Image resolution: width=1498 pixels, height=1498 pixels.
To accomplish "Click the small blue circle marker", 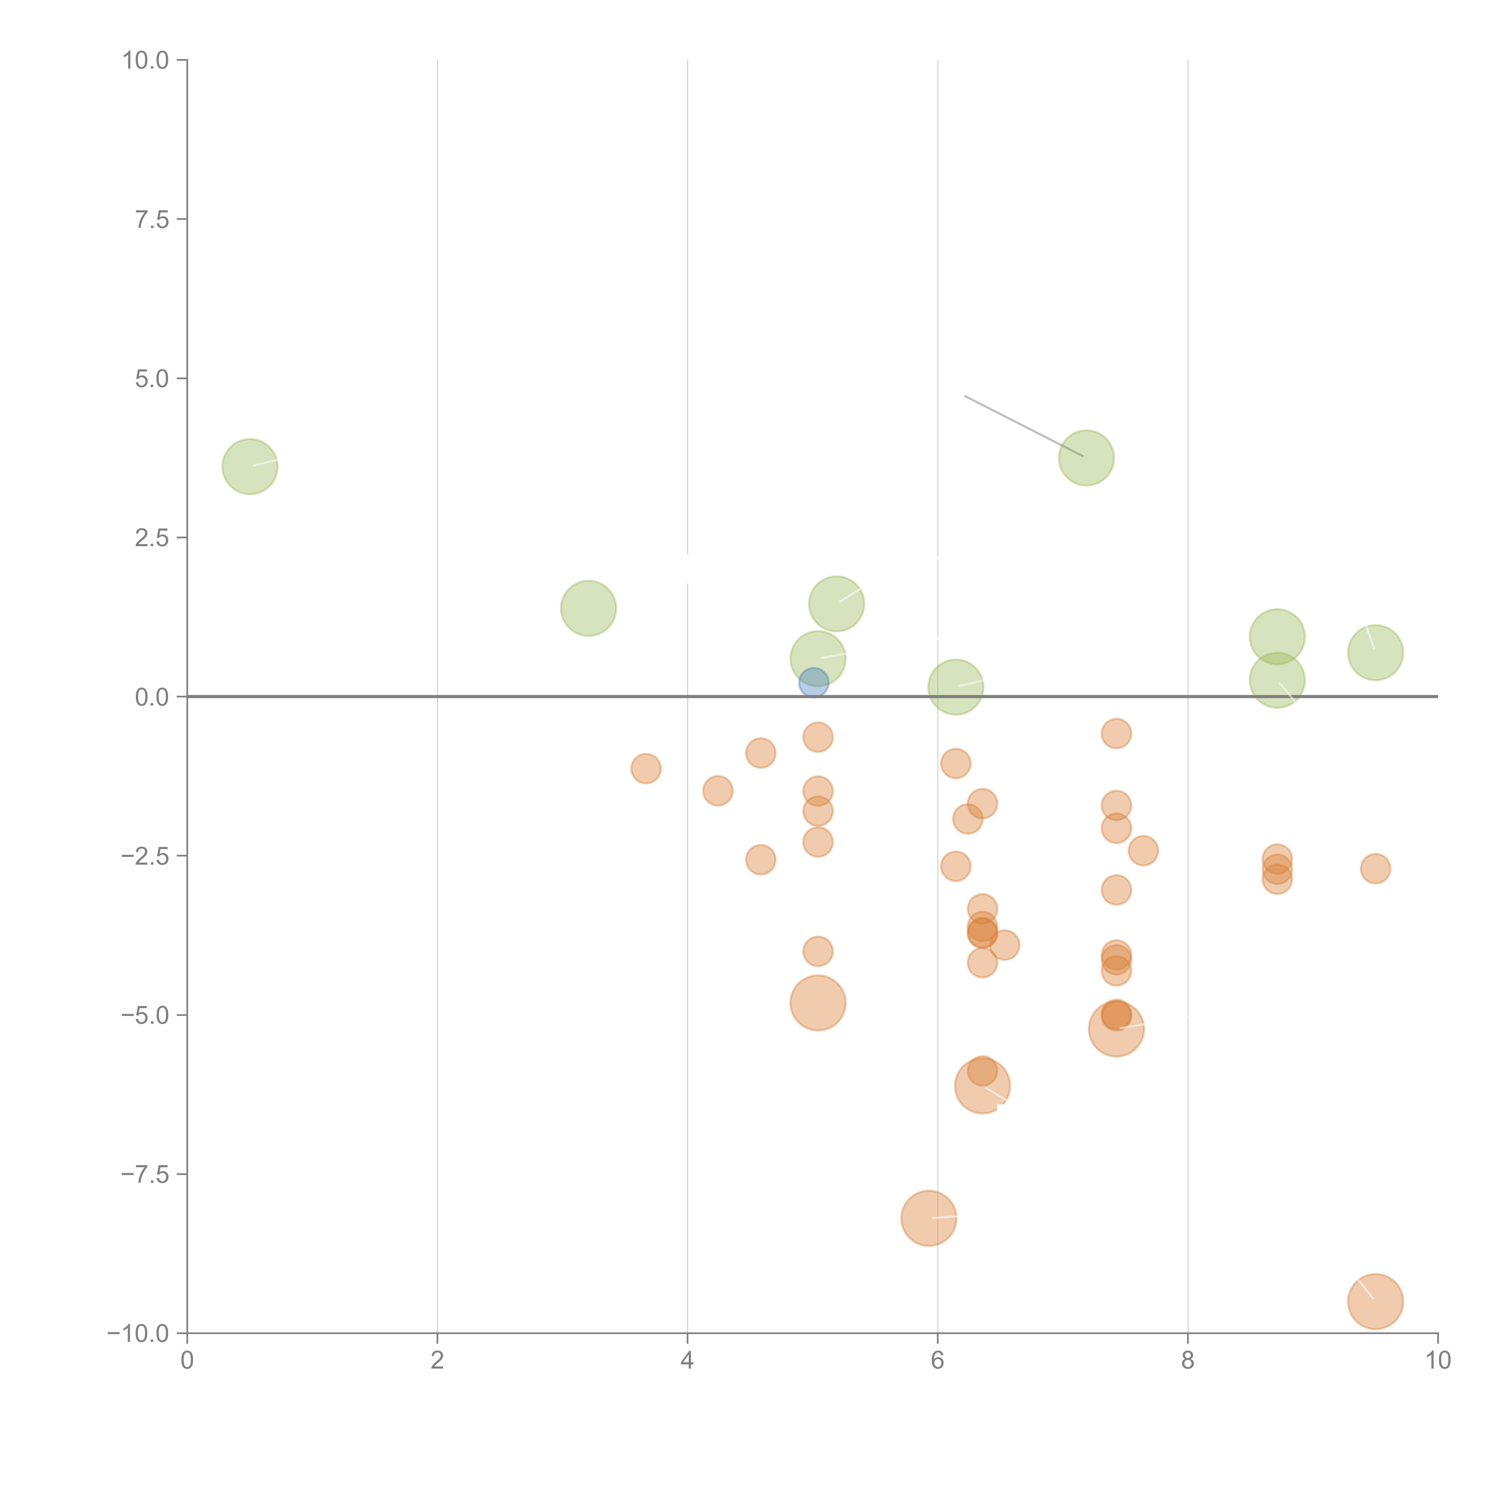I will coord(813,683).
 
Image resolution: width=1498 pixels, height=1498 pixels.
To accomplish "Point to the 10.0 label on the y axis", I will coord(146,61).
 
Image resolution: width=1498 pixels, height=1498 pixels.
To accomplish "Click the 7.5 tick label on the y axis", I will coord(152,219).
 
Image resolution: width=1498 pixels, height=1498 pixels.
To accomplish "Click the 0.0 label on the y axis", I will coord(152,697).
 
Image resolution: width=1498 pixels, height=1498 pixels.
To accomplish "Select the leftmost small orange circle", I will coord(646,768).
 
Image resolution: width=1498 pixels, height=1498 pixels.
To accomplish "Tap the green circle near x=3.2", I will coord(588,608).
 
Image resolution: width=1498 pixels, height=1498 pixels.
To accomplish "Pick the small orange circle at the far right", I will coord(1375,869).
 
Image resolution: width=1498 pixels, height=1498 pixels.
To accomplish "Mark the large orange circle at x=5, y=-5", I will coord(818,1002).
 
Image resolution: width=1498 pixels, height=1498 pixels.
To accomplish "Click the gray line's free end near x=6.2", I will coord(964,396).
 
